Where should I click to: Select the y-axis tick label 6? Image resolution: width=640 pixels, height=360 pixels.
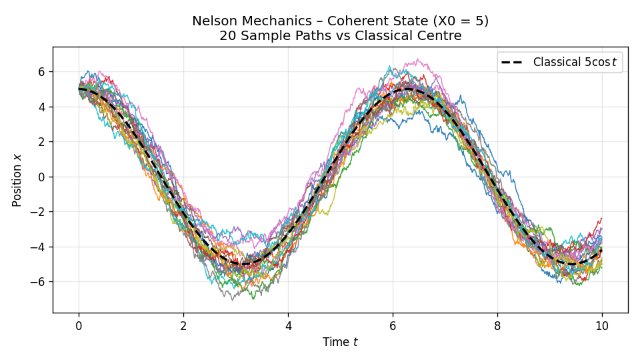tap(41, 72)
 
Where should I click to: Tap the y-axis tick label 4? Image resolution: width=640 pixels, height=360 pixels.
tap(41, 107)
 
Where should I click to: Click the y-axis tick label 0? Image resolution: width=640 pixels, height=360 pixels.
tap(41, 177)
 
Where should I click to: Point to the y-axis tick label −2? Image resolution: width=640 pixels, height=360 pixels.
tap(37, 212)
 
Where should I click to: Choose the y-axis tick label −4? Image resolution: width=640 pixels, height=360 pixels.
tap(37, 247)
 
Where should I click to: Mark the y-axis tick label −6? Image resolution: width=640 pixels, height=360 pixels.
tap(37, 282)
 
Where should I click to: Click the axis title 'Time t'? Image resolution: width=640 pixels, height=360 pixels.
tap(340, 342)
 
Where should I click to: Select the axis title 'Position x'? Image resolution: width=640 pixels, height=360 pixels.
tap(17, 180)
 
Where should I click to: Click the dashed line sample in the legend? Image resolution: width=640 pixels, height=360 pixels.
tap(514, 63)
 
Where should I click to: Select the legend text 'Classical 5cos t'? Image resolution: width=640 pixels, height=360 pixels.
tap(575, 63)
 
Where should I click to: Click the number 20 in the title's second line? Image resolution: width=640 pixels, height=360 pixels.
tap(227, 36)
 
